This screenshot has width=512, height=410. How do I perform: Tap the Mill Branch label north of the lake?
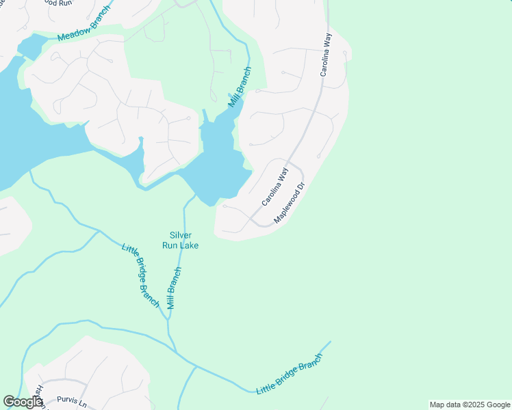240,86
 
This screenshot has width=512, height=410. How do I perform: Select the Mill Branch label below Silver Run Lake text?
174,288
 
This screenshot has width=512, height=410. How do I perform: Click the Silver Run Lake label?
180,240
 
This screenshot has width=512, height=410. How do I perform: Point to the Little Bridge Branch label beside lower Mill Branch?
140,275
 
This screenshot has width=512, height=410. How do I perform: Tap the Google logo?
23,402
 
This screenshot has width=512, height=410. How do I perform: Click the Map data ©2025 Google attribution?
470,405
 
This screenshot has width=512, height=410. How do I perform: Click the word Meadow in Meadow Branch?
73,31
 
